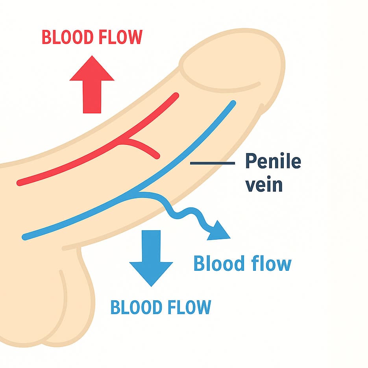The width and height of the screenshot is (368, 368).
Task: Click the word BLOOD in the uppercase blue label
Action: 135,307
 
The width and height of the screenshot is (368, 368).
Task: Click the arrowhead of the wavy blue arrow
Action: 220,232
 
